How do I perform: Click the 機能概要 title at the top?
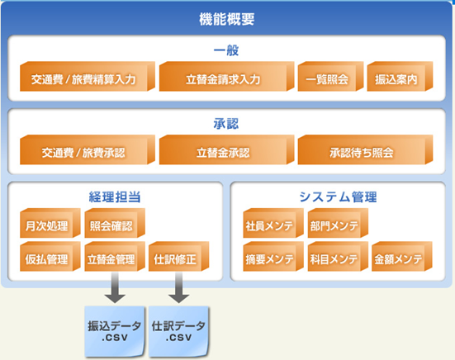pyautogui.click(x=226, y=19)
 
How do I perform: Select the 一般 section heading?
pyautogui.click(x=226, y=50)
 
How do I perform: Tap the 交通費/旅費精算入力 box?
pyautogui.click(x=88, y=76)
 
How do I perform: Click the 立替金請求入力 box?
pyautogui.click(x=226, y=76)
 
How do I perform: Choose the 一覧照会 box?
pyautogui.click(x=330, y=76)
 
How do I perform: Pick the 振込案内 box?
pyautogui.click(x=400, y=76)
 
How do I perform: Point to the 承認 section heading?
pyautogui.click(x=226, y=124)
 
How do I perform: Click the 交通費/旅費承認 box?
pyautogui.click(x=88, y=149)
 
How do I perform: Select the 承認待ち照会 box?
pyautogui.click(x=365, y=149)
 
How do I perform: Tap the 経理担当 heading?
pyautogui.click(x=115, y=197)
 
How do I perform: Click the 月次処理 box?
pyautogui.click(x=50, y=223)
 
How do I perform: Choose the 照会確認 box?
pyautogui.click(x=115, y=223)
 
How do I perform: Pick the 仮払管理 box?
pyautogui.click(x=50, y=257)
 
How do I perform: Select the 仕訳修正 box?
pyautogui.click(x=178, y=257)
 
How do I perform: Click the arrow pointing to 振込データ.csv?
pyautogui.click(x=115, y=288)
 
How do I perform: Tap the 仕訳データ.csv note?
pyautogui.click(x=178, y=332)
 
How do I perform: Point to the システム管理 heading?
pyautogui.click(x=338, y=197)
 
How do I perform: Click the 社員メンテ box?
pyautogui.click(x=273, y=223)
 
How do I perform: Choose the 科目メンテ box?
pyautogui.click(x=338, y=257)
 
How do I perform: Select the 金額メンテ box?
pyautogui.click(x=402, y=257)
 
